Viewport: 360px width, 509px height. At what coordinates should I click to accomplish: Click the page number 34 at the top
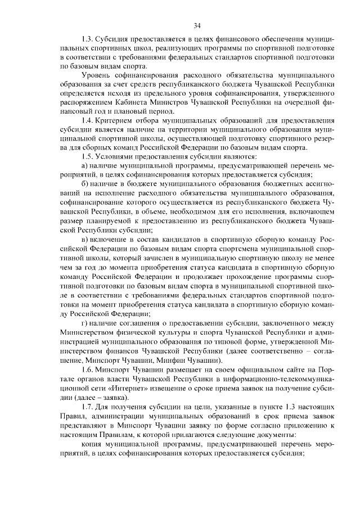click(x=197, y=25)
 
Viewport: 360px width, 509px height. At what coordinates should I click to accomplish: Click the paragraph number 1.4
click(x=87, y=121)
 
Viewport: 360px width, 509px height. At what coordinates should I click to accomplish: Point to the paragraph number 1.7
click(x=87, y=407)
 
